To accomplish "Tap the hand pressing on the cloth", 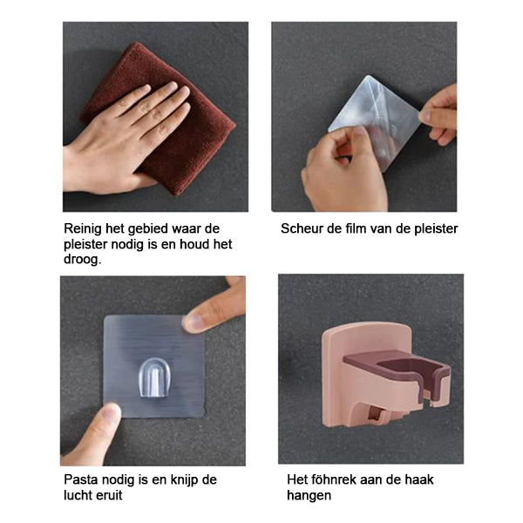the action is pyautogui.click(x=120, y=140).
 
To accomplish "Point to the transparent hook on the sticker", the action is pyautogui.click(x=155, y=378).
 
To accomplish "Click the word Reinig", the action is pyautogui.click(x=83, y=229).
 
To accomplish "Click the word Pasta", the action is pyautogui.click(x=81, y=479).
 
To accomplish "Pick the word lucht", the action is pyautogui.click(x=78, y=495).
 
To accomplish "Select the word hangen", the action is pyautogui.click(x=309, y=496).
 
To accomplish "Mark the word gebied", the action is pyautogui.click(x=149, y=229).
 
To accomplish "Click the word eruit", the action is pyautogui.click(x=109, y=495).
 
